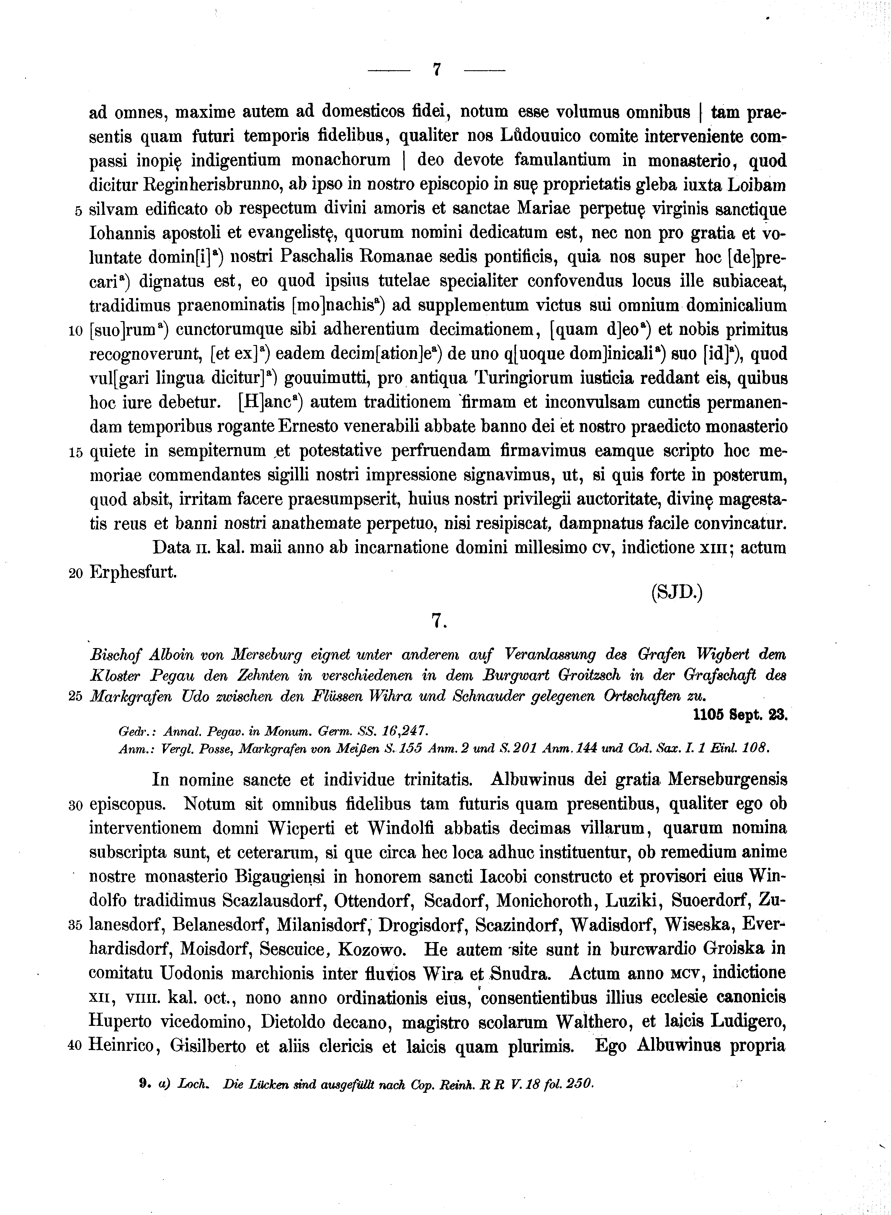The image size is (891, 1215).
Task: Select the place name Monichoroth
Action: click(546, 900)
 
